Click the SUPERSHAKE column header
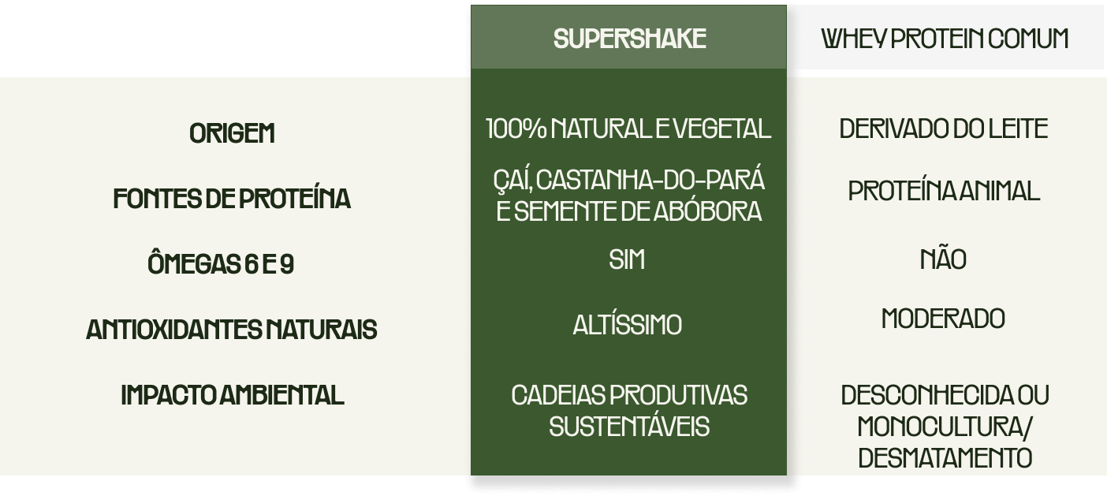pyautogui.click(x=630, y=39)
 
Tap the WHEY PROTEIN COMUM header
pyautogui.click(x=945, y=39)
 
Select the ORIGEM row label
pyautogui.click(x=232, y=133)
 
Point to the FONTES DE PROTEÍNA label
pyautogui.click(x=232, y=198)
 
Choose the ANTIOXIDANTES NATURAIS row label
pyautogui.click(x=232, y=330)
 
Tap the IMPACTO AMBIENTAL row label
pyautogui.click(x=233, y=395)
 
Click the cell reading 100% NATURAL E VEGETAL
pyautogui.click(x=628, y=129)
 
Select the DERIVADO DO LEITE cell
pyautogui.click(x=944, y=129)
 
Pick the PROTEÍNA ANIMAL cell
pyautogui.click(x=944, y=191)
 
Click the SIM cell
pyautogui.click(x=627, y=260)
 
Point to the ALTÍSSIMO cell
pyautogui.click(x=628, y=325)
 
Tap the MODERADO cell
pyautogui.click(x=943, y=319)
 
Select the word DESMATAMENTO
pyautogui.click(x=945, y=458)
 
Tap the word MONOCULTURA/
pyautogui.click(x=945, y=427)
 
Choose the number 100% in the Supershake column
pyautogui.click(x=516, y=129)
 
